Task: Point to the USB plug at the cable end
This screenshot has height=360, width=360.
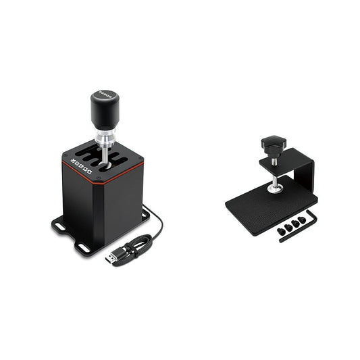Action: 112,257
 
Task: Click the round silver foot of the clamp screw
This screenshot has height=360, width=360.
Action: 275,189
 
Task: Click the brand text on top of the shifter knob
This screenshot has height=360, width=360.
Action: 105,94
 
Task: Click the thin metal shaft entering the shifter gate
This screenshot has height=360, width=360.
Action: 105,151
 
